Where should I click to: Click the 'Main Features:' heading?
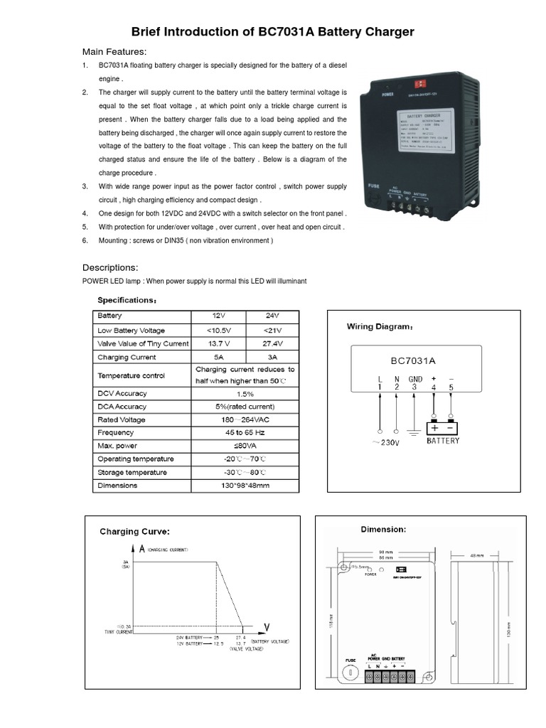click(x=114, y=52)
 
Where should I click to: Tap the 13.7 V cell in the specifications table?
click(x=218, y=343)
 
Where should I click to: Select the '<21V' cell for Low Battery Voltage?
click(x=272, y=330)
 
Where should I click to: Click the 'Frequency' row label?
click(x=116, y=432)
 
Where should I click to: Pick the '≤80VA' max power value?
click(x=245, y=446)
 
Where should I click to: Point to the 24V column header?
click(x=272, y=316)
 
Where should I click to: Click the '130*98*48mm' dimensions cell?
click(x=245, y=486)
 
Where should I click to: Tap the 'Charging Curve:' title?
click(x=134, y=531)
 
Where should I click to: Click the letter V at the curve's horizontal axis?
click(x=267, y=626)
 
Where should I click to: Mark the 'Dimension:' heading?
click(x=383, y=530)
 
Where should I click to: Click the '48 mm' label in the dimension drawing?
click(x=477, y=555)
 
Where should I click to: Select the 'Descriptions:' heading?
click(x=110, y=268)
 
